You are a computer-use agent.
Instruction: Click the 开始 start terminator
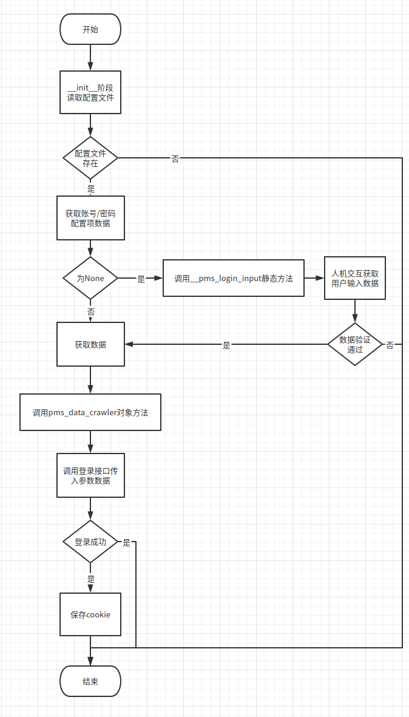90,30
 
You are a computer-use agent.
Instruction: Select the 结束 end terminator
90,681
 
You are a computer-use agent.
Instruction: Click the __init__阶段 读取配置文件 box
90,92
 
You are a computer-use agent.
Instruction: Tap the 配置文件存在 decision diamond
90,158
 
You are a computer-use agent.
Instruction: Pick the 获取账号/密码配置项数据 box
90,219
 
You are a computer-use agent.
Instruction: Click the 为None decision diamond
90,278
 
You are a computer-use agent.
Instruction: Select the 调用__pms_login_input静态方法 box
234,279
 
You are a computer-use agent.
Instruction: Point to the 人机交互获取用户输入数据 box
355,278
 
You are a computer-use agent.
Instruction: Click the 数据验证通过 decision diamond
355,344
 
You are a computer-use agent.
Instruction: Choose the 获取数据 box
90,344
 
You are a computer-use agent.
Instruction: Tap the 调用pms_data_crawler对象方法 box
90,412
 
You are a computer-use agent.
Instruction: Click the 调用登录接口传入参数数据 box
90,475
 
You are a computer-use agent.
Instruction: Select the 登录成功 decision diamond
90,542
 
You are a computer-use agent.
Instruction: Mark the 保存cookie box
90,614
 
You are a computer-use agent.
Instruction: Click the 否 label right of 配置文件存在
175,159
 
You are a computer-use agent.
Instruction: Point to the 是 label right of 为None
141,279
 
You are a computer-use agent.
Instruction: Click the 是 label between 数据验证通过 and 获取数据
227,345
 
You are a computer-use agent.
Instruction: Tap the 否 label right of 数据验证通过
390,345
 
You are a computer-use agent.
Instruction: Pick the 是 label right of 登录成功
126,543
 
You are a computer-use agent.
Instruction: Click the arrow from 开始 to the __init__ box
90,58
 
